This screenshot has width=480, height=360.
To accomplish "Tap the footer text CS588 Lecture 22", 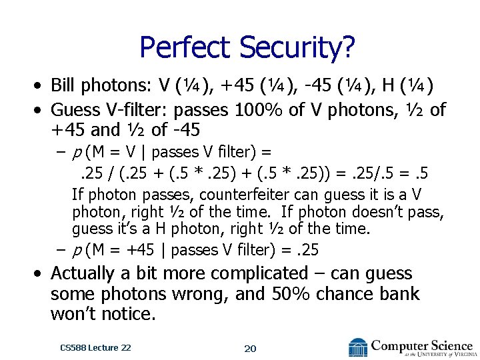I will [95, 347].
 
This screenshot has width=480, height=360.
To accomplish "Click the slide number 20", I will [249, 349].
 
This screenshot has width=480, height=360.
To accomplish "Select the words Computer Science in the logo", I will [421, 345].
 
